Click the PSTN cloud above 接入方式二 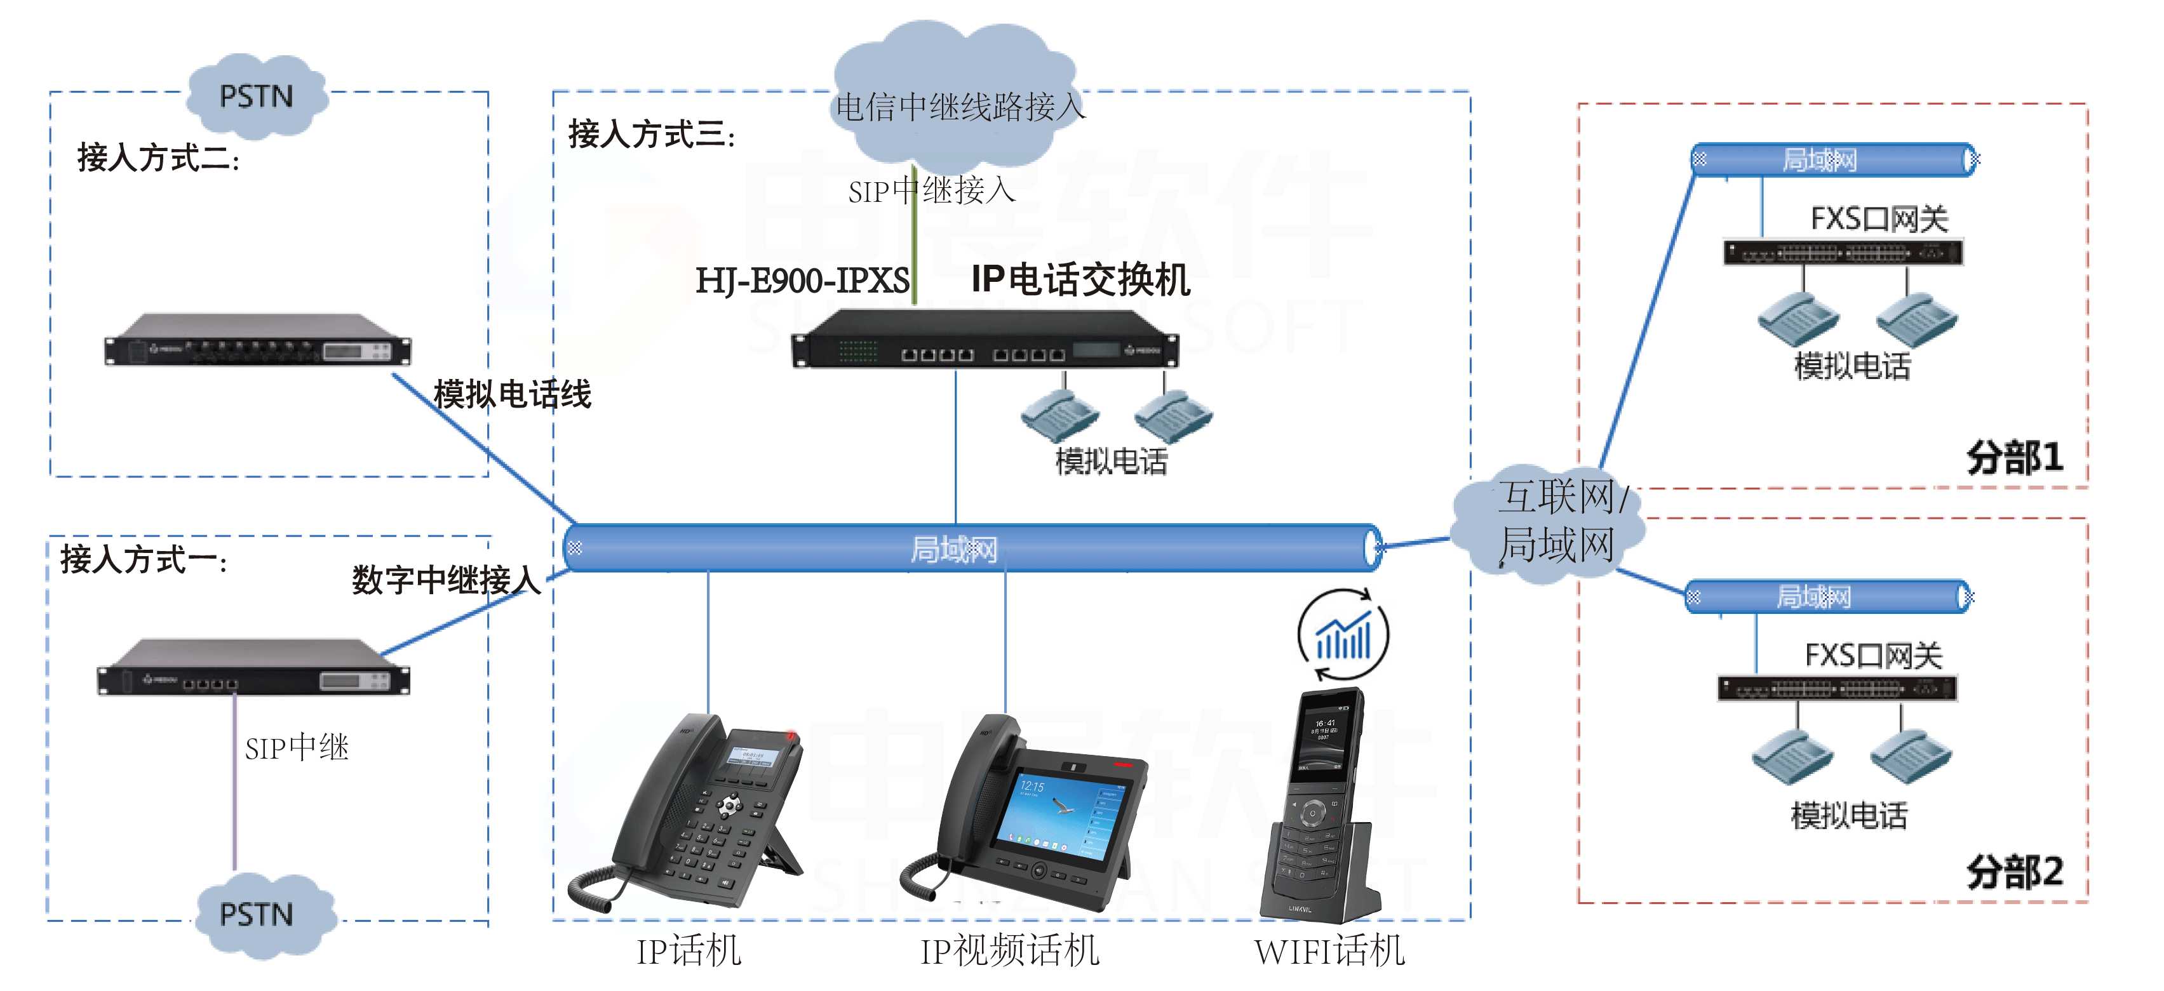pos(256,96)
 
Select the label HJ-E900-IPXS pos(802,281)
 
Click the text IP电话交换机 pos(1080,280)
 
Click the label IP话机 pos(689,952)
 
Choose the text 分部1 pos(2015,458)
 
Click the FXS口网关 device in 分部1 pos(1843,252)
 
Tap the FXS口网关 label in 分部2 pos(1872,655)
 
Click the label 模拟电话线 pos(513,394)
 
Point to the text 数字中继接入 pos(446,580)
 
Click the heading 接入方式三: pos(651,135)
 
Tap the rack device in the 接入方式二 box pos(257,340)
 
